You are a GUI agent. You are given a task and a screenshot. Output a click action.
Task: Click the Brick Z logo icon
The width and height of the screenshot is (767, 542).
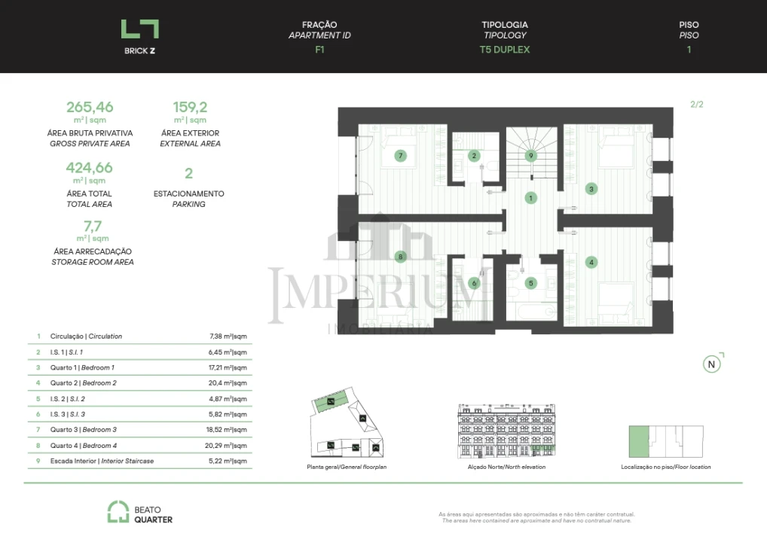point(140,29)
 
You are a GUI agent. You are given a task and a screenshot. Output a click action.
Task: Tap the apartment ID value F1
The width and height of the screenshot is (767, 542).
point(319,50)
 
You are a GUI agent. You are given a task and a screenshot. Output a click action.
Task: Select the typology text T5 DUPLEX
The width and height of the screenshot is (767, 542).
point(505,50)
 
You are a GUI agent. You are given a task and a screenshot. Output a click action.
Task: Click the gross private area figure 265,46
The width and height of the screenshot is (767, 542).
point(90,107)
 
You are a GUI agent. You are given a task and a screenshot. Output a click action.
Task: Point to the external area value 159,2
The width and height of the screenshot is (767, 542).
point(190,107)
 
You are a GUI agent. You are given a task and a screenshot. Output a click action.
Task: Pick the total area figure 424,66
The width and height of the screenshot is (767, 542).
point(90,168)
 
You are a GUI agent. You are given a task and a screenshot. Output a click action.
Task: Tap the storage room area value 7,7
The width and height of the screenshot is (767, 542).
point(92,225)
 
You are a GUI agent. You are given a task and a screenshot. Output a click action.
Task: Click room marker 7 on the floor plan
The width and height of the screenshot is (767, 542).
point(401,156)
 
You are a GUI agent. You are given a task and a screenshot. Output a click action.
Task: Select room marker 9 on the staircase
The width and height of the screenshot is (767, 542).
point(531,156)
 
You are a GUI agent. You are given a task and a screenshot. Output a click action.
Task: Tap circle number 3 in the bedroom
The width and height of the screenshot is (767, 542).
point(592,189)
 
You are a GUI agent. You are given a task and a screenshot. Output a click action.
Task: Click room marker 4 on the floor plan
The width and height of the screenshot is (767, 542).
point(592,262)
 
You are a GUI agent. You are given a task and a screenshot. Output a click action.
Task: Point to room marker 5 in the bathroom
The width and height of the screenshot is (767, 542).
point(531,283)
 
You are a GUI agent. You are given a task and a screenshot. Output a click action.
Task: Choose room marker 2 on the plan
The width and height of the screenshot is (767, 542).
point(474,156)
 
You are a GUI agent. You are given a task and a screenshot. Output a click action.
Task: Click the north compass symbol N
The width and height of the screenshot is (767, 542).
point(711,364)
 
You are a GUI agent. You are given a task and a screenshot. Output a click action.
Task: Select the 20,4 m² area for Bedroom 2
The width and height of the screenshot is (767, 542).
point(228,383)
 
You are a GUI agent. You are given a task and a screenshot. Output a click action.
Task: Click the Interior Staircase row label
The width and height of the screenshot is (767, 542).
point(102,461)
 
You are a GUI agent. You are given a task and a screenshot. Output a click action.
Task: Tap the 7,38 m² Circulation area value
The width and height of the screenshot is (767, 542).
point(228,336)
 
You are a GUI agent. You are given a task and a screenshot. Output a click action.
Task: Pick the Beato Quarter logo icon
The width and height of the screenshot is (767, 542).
point(117,513)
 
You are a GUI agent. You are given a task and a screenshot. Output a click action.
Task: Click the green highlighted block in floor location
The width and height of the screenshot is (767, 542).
point(638,442)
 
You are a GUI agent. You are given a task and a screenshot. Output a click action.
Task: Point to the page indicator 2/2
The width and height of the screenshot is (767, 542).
point(696,105)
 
